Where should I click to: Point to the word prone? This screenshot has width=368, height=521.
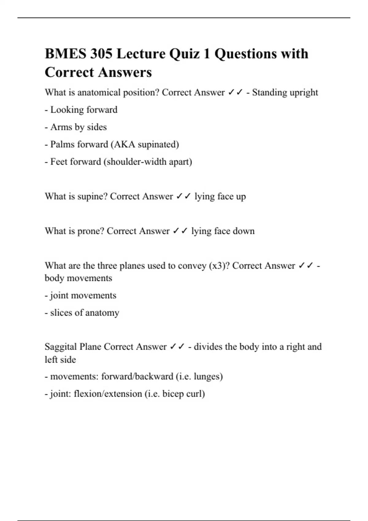[90, 231]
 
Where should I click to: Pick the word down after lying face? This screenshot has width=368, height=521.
[243, 231]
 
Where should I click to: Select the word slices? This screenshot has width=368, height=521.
[61, 313]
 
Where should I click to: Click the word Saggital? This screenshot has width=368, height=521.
[61, 347]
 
